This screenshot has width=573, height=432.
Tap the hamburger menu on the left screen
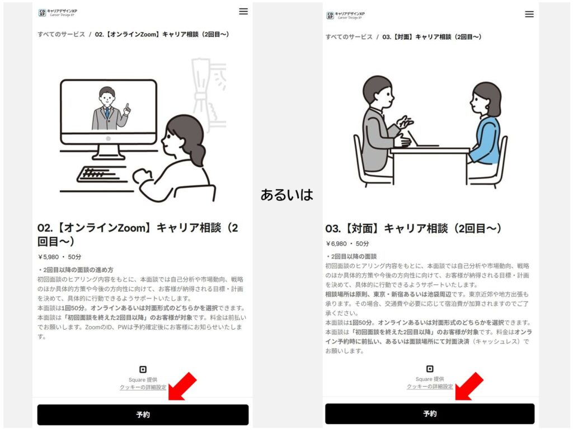[x=243, y=11]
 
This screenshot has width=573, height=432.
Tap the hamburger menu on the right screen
[x=529, y=14]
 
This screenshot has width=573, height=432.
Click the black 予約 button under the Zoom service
[x=143, y=415]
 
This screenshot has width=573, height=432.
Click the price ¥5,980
[x=48, y=257]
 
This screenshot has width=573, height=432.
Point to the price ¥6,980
[x=336, y=244]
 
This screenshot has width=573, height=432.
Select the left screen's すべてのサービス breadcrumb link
[x=61, y=34]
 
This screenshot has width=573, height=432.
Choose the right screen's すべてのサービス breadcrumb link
[x=349, y=37]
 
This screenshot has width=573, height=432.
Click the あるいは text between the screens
[x=287, y=195]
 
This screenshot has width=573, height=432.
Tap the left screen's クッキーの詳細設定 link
[x=143, y=387]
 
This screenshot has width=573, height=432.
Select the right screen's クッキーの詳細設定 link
[x=430, y=387]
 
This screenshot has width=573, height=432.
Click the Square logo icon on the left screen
[x=143, y=369]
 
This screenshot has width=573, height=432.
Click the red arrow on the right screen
[x=469, y=386]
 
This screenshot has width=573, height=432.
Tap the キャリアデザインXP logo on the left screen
[x=58, y=13]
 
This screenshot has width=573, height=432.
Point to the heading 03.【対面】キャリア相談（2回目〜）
[x=414, y=229]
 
